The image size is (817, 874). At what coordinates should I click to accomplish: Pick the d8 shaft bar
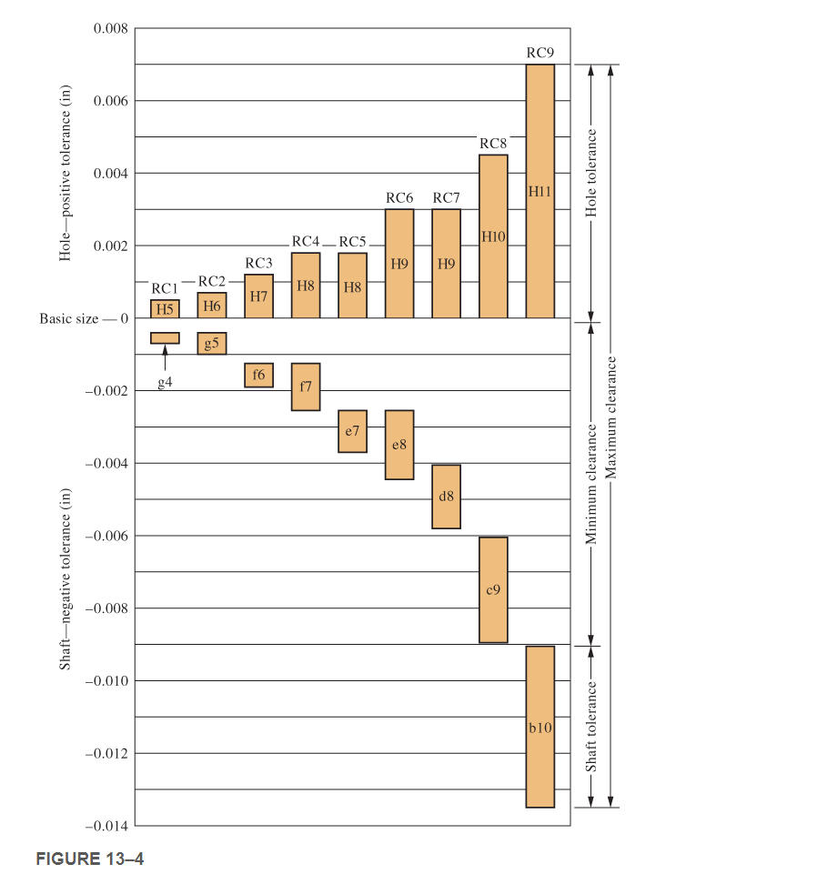click(x=446, y=497)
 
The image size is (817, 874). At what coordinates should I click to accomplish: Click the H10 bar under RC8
click(x=493, y=236)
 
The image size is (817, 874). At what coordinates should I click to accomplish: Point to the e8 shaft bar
click(x=399, y=445)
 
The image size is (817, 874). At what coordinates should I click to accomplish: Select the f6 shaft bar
click(x=258, y=375)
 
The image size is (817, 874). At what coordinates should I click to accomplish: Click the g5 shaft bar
click(x=212, y=344)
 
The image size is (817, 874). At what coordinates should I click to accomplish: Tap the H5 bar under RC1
click(x=165, y=309)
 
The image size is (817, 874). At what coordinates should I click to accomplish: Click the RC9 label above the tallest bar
click(x=540, y=53)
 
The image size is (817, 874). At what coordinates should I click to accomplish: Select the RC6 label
click(x=399, y=197)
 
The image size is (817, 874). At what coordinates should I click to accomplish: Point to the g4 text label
click(x=165, y=384)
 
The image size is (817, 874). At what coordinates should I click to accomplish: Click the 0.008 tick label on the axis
click(x=110, y=29)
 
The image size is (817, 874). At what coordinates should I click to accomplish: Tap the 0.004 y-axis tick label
click(x=110, y=174)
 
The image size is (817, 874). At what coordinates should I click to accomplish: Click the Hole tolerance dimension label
click(x=591, y=173)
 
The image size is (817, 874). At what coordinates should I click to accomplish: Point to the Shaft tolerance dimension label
click(x=591, y=727)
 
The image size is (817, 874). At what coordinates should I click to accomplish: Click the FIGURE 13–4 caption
click(x=90, y=858)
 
